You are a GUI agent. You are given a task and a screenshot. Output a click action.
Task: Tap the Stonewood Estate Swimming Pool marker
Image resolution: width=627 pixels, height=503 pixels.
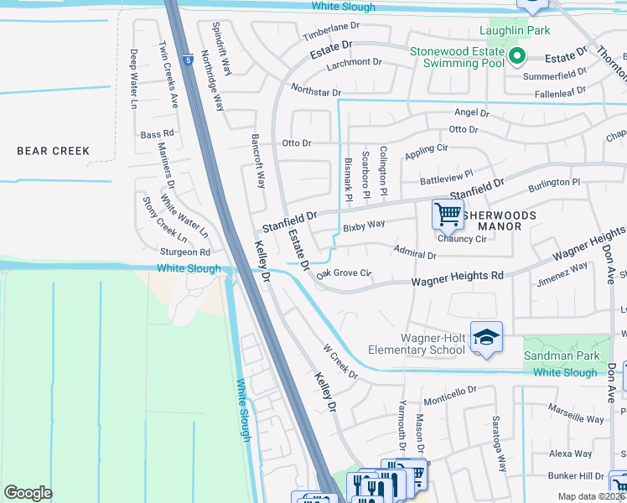[517, 57]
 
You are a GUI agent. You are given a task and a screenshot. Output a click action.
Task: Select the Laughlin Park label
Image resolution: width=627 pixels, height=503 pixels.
[514, 31]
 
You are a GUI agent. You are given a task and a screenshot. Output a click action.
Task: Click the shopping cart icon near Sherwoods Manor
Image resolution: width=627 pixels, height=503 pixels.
[447, 214]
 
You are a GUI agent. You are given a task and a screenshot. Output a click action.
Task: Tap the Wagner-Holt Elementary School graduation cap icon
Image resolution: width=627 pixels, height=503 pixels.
[486, 337]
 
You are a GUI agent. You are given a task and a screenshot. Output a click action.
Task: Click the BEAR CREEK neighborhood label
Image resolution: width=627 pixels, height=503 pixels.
[53, 151]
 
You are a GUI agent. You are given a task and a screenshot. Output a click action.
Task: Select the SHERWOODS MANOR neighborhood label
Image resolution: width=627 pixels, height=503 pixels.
[500, 220]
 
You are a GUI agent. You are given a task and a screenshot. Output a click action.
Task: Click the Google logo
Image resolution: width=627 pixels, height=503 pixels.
[28, 493]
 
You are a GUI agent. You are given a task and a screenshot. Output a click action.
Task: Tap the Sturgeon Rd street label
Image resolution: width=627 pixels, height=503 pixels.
[185, 251]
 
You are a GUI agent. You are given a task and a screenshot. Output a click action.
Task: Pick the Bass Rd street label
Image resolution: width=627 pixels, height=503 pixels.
[157, 134]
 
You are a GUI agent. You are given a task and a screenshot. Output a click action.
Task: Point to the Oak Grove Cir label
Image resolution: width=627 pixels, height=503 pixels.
[344, 272]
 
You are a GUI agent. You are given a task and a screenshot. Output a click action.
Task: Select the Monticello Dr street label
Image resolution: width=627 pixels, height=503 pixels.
[449, 390]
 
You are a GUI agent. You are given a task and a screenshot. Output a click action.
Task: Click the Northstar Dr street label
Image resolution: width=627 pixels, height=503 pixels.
[316, 91]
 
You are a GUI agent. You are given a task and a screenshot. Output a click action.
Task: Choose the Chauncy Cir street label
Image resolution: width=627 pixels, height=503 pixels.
[462, 239]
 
